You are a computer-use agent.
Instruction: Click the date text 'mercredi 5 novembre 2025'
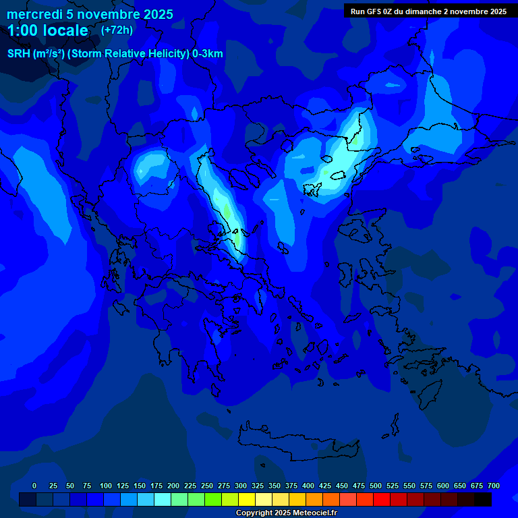[90, 14]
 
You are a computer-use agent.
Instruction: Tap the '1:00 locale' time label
[47, 30]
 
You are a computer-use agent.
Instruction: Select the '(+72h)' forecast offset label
[117, 30]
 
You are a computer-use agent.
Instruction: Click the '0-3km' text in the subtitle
[208, 54]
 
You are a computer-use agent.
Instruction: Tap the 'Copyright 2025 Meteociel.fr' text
[286, 513]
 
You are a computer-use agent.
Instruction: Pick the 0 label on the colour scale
[34, 486]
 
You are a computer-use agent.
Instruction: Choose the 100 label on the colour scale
[106, 486]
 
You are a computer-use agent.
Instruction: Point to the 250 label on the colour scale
[207, 486]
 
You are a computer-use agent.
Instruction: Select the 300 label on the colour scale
[241, 486]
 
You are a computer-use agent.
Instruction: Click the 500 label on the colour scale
[376, 486]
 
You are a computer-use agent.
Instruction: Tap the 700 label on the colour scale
[494, 486]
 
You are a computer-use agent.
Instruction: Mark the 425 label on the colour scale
[325, 486]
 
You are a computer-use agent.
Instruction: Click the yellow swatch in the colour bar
[247, 499]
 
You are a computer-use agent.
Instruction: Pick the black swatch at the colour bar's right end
[483, 499]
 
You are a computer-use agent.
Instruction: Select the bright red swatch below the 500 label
[382, 499]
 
